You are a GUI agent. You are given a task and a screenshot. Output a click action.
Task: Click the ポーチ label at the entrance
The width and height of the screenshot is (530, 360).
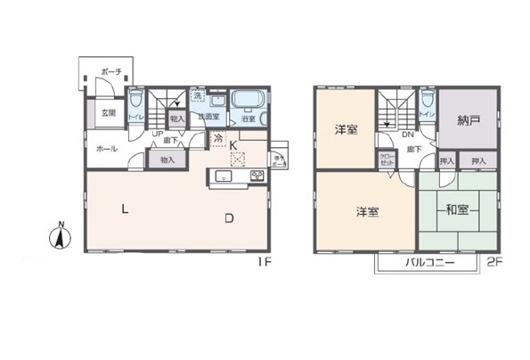point(110,70)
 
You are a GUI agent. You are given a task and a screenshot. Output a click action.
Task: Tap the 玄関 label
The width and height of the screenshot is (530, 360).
point(108,113)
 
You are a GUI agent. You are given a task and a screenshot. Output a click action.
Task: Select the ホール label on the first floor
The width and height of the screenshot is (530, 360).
point(105,150)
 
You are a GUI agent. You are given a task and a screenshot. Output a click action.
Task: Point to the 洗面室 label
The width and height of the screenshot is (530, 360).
point(208,117)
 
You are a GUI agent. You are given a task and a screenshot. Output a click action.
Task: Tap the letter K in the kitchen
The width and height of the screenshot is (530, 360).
point(233,145)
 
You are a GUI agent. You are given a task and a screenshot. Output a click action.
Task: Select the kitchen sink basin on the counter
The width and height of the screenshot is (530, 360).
point(223,176)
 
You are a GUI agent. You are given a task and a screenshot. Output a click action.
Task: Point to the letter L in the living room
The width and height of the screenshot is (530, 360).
point(125,210)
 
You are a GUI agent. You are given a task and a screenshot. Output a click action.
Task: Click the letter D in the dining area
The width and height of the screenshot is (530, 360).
point(229,217)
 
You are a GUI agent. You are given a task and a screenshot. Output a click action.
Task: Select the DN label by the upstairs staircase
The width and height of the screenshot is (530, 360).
point(406,135)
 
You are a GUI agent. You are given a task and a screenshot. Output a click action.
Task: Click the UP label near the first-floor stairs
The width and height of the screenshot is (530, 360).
point(157,135)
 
